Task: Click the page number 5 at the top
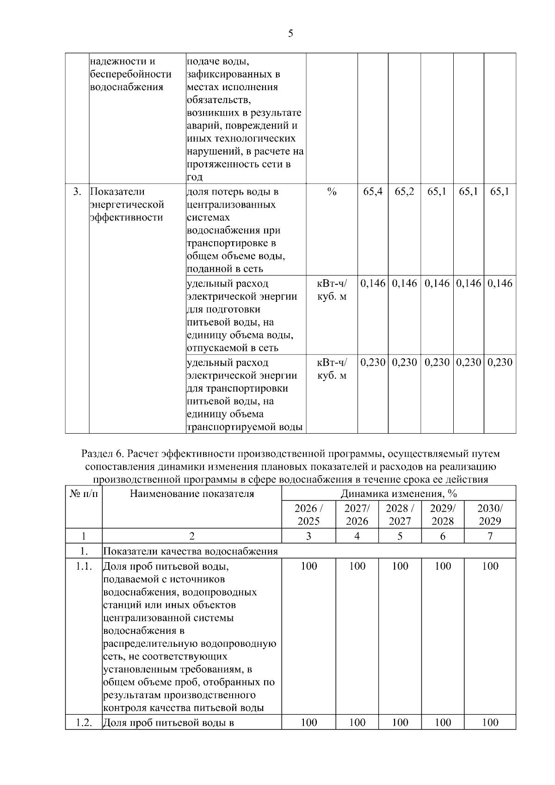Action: [x=290, y=33]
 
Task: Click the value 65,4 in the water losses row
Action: [x=372, y=192]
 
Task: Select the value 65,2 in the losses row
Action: [x=404, y=192]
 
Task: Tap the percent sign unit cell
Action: [x=332, y=192]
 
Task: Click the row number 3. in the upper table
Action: [x=77, y=192]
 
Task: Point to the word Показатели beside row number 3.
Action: [x=117, y=192]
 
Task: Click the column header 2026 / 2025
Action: [x=308, y=515]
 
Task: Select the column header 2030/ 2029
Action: [x=490, y=515]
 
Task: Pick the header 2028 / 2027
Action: [x=400, y=515]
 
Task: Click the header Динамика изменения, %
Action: [x=399, y=494]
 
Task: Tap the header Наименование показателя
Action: [x=192, y=494]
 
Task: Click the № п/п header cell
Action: [x=84, y=494]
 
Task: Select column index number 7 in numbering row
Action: [x=490, y=536]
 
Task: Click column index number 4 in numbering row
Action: [x=357, y=536]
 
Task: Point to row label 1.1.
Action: [x=84, y=566]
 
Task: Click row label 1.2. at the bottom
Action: [x=84, y=723]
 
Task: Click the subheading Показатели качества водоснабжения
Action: [x=190, y=551]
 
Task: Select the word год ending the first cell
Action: [x=195, y=177]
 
